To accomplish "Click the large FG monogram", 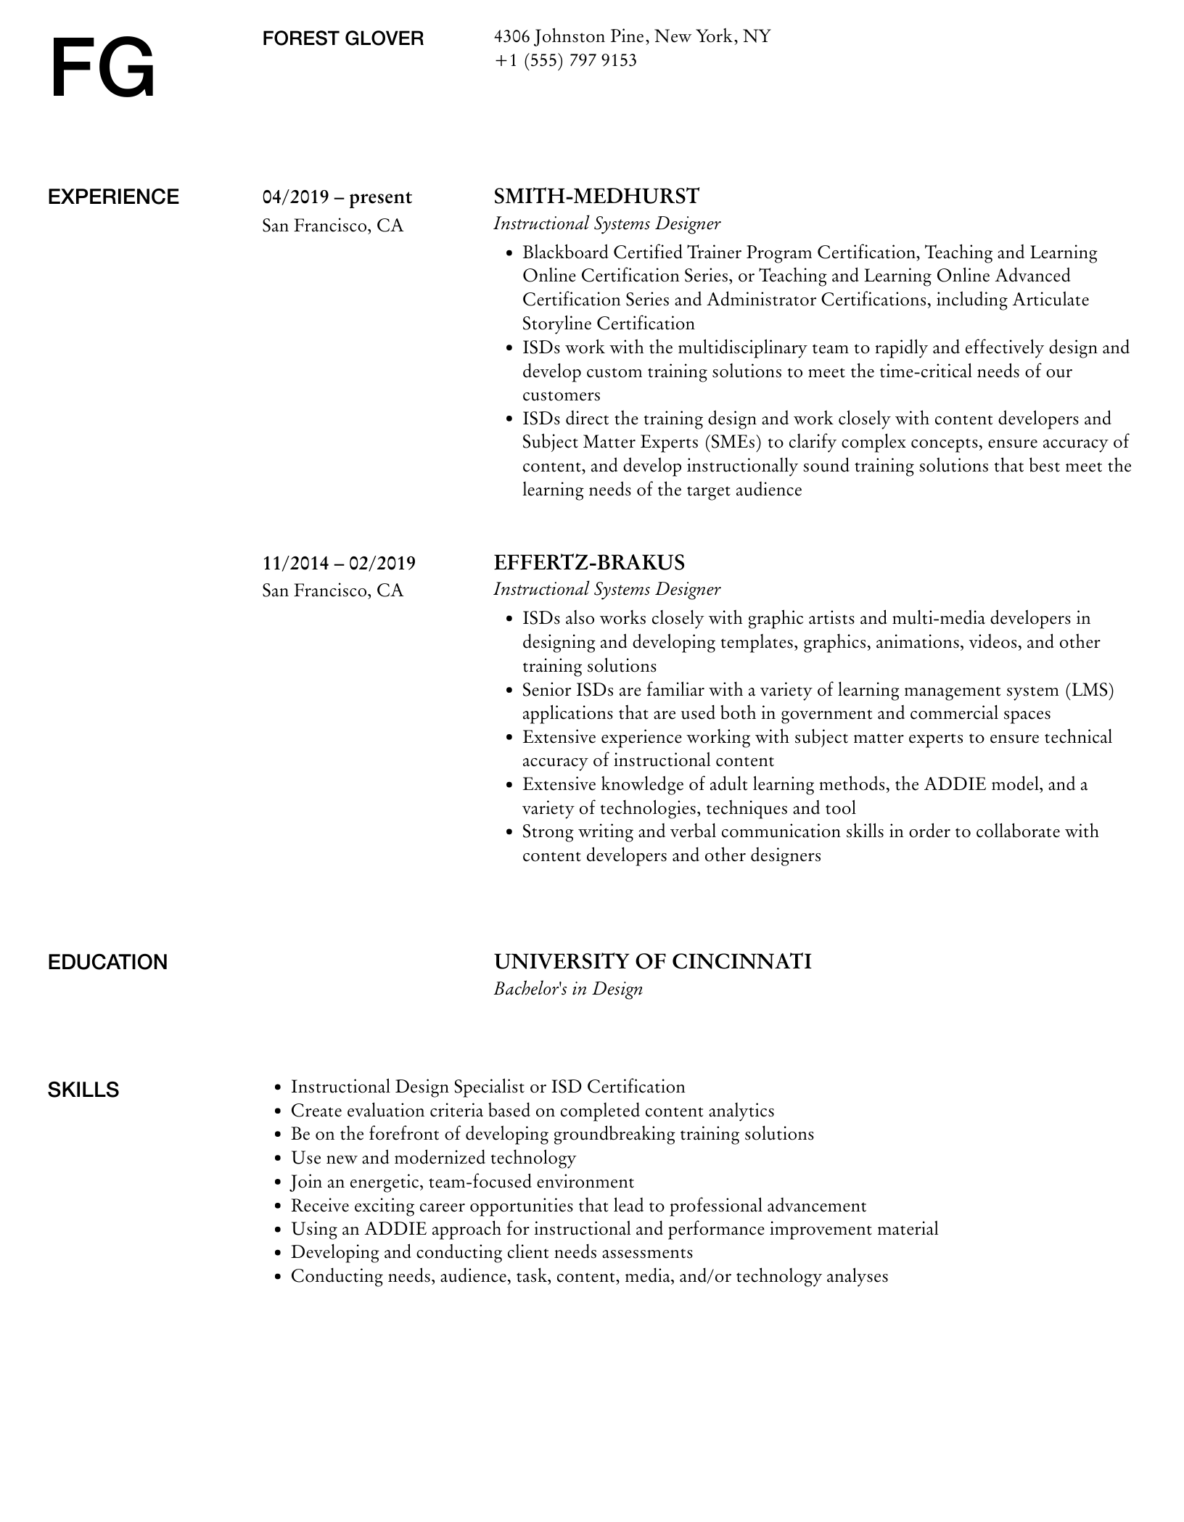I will (x=102, y=69).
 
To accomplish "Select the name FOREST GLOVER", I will (x=342, y=38).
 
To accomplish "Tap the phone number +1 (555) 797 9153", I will (x=565, y=60).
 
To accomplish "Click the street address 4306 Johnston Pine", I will (x=570, y=36).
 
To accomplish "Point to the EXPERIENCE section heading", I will (x=113, y=197).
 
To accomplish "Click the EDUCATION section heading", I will (x=107, y=963).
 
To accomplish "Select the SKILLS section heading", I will (x=83, y=1090).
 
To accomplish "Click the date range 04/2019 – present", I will (x=337, y=197).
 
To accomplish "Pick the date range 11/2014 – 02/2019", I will (x=339, y=563).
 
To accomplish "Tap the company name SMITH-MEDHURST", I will (x=596, y=197).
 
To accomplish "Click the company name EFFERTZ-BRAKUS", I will (x=589, y=563).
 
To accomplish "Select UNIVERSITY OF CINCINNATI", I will (x=652, y=962).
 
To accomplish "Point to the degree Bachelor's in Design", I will (x=568, y=989).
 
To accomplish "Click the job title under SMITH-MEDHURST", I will (x=607, y=223).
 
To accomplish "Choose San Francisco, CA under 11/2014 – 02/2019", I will (x=332, y=591).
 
